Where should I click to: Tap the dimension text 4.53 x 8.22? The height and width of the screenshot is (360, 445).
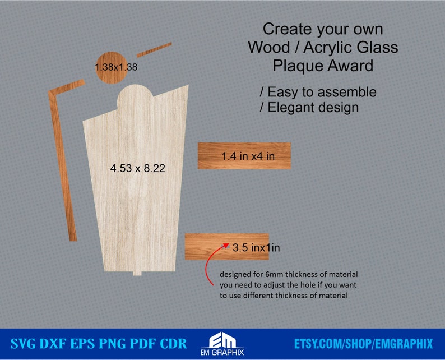(137, 168)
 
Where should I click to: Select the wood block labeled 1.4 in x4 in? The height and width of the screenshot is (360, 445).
(244, 156)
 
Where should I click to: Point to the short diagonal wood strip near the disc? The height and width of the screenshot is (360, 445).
(154, 49)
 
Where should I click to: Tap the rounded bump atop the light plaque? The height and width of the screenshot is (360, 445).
(136, 95)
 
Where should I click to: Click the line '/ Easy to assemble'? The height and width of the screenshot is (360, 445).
(318, 91)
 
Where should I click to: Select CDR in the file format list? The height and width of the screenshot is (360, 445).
(171, 343)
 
